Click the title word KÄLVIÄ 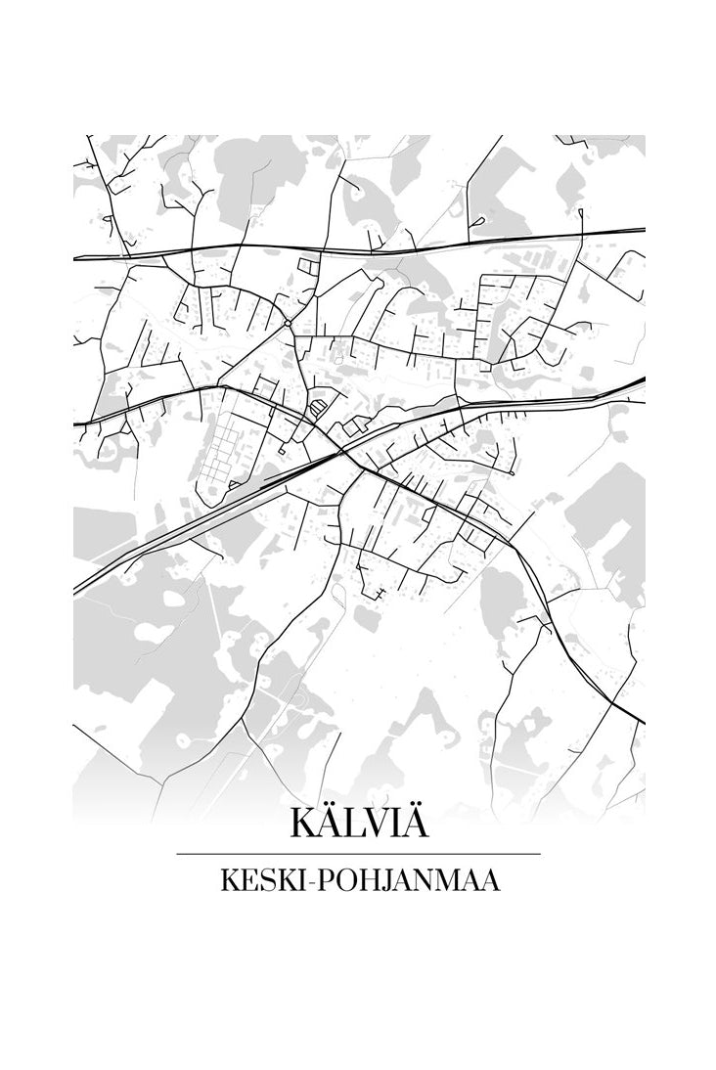(358, 823)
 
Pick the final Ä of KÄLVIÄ (414, 823)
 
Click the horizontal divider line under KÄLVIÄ (358, 854)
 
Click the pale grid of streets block (226, 452)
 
